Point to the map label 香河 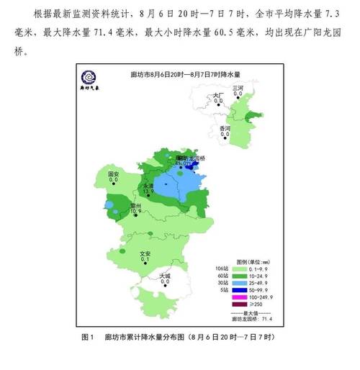click(x=225, y=127)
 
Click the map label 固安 click(x=113, y=174)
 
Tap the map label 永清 click(x=148, y=185)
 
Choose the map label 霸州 click(x=135, y=205)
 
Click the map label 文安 click(x=145, y=253)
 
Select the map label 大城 click(x=166, y=275)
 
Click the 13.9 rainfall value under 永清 click(x=148, y=191)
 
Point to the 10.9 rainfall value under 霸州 click(x=135, y=212)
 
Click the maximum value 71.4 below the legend click(x=265, y=319)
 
